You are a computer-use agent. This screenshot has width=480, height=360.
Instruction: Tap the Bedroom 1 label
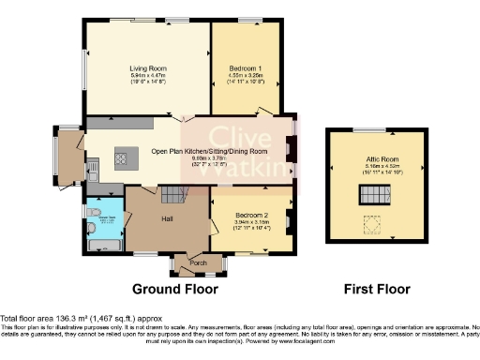click(246, 68)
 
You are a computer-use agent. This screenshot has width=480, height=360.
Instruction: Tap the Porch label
click(198, 262)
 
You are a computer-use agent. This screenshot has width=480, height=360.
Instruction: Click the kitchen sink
click(95, 170)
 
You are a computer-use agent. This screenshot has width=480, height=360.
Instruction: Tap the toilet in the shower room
click(90, 226)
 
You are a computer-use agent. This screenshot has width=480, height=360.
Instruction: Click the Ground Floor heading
click(169, 288)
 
